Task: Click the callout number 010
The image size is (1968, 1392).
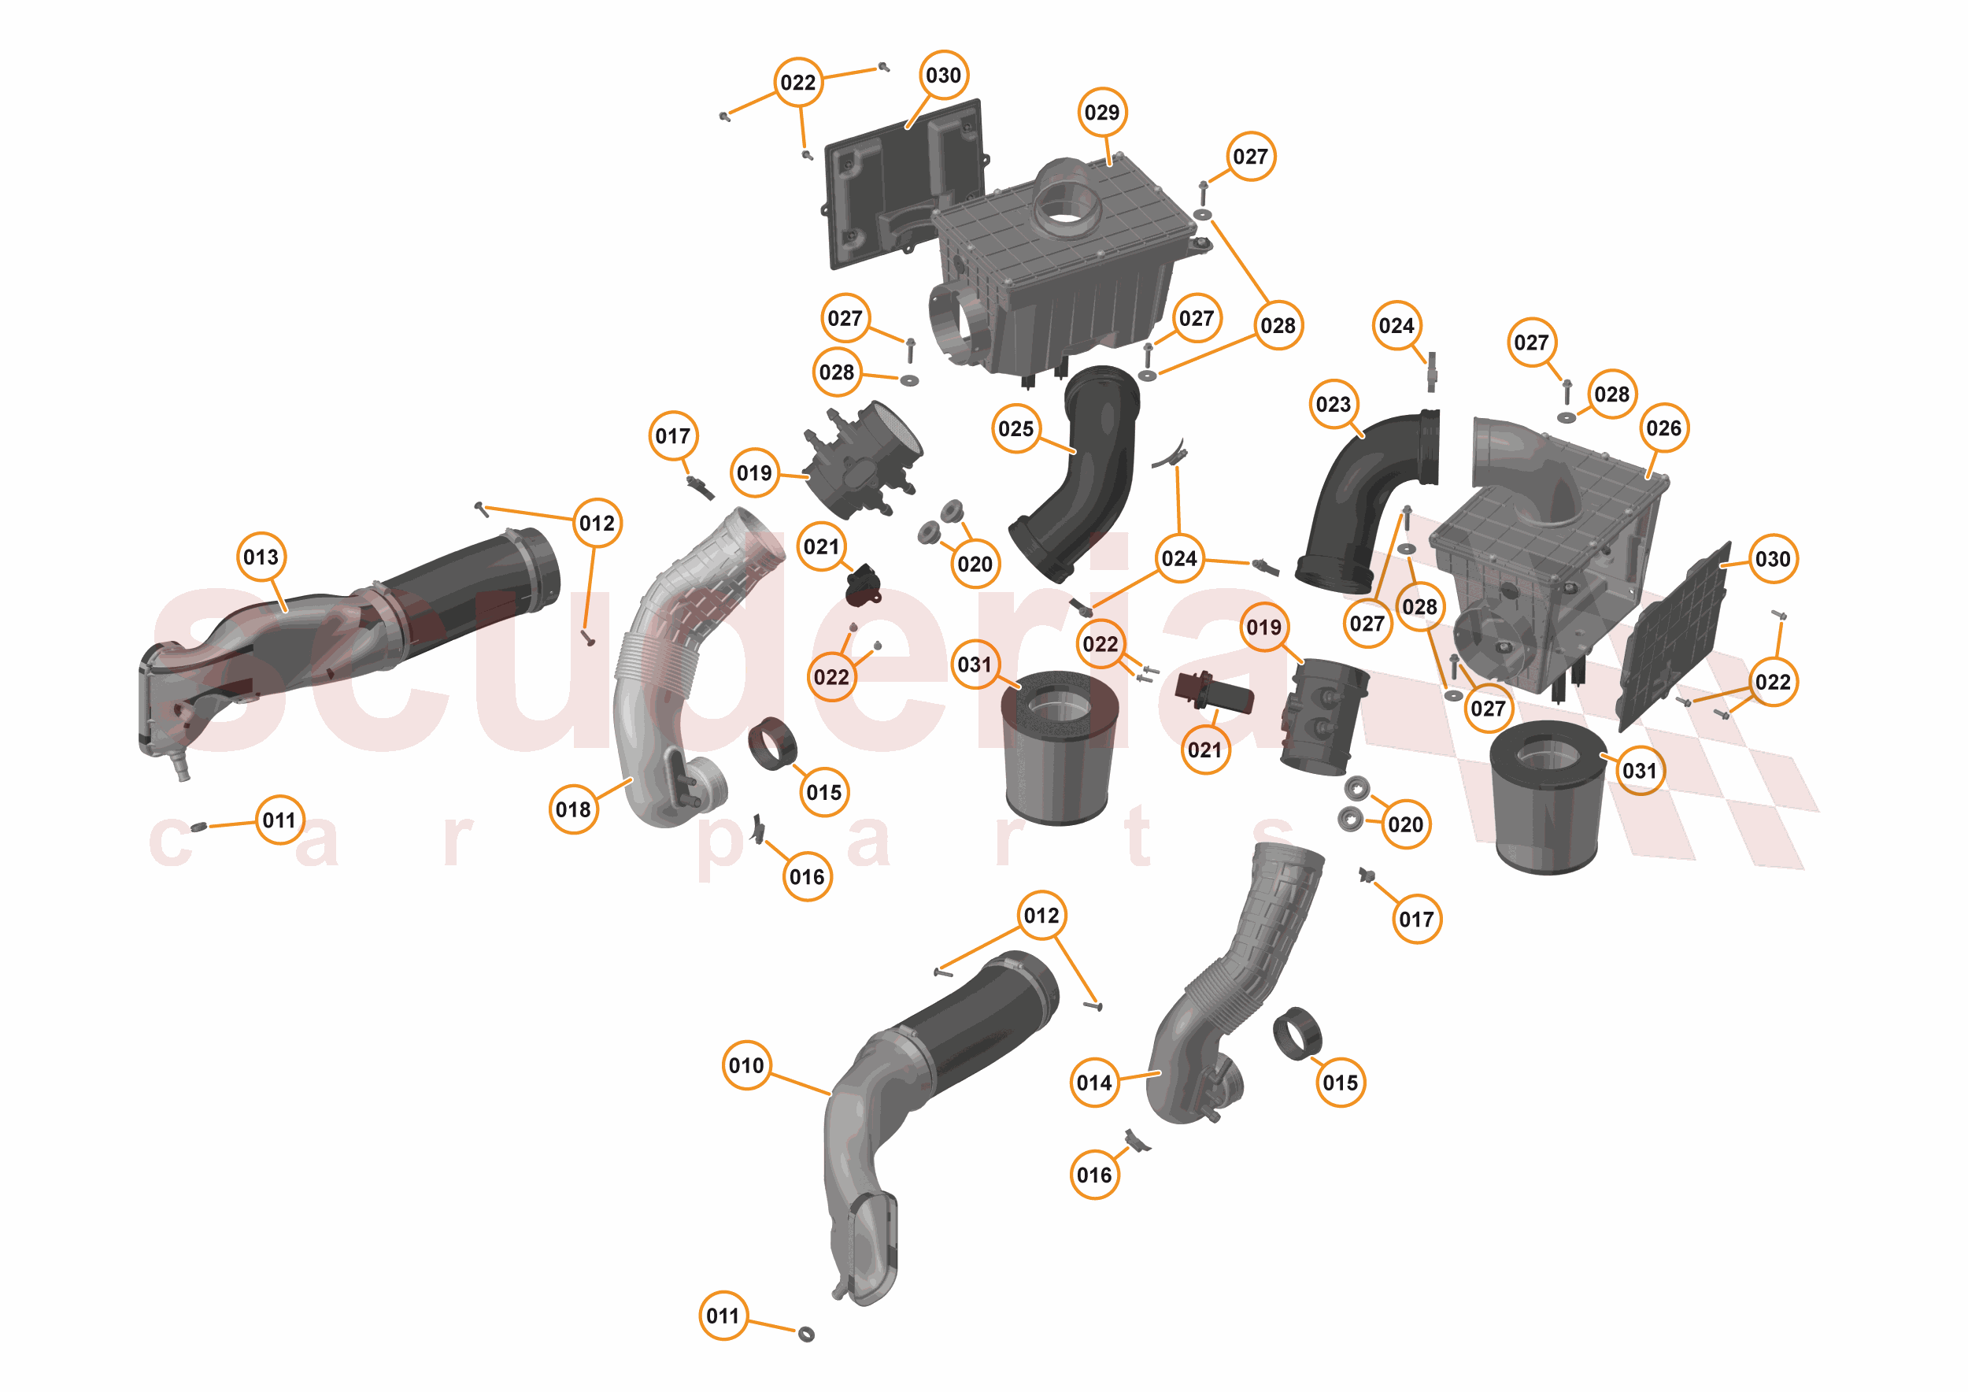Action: point(745,1065)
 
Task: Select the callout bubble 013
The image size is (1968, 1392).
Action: point(261,557)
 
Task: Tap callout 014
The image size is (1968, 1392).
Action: point(1094,1083)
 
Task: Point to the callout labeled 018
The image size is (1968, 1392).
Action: point(573,809)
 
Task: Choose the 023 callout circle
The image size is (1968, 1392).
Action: point(1334,404)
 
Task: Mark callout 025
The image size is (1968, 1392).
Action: point(1015,428)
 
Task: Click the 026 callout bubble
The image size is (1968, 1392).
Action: point(1663,428)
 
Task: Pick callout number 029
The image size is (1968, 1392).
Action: point(1101,113)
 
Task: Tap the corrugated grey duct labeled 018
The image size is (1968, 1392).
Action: point(677,651)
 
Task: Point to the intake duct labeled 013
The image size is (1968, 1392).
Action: point(343,635)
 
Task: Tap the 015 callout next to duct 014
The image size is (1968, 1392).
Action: point(1340,1083)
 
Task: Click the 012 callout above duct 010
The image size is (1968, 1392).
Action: point(1041,916)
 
